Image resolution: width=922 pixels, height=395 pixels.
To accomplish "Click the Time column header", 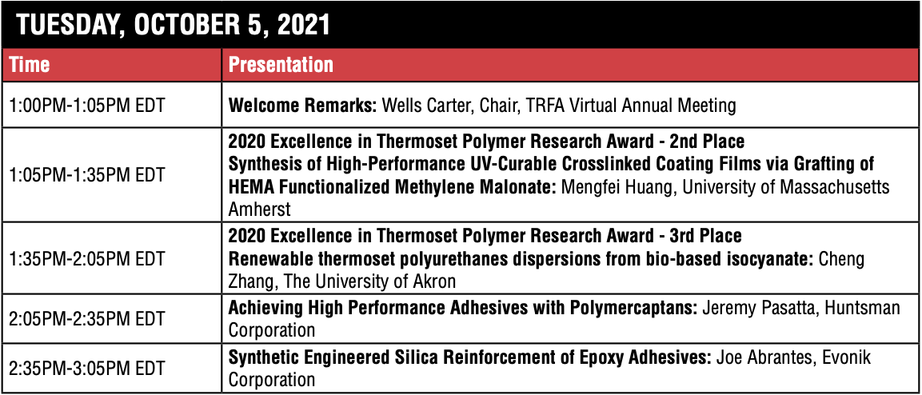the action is pyautogui.click(x=30, y=65).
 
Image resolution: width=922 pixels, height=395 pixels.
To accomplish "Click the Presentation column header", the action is pyautogui.click(x=281, y=65).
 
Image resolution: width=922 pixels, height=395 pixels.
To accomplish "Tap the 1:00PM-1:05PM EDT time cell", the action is pyautogui.click(x=87, y=106).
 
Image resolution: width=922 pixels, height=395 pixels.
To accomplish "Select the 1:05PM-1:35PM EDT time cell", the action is pyautogui.click(x=87, y=174).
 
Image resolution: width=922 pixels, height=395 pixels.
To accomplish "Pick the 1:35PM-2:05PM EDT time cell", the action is pyautogui.click(x=87, y=258).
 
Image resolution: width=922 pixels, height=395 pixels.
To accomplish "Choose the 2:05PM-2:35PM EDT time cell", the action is pyautogui.click(x=87, y=319).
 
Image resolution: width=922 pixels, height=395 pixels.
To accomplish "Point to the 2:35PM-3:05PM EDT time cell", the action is pyautogui.click(x=87, y=369).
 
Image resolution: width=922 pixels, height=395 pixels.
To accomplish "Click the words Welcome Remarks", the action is pyautogui.click(x=301, y=106).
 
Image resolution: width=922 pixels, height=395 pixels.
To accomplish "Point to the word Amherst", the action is pyautogui.click(x=259, y=209).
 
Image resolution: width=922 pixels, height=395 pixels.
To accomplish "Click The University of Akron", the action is pyautogui.click(x=370, y=281).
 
